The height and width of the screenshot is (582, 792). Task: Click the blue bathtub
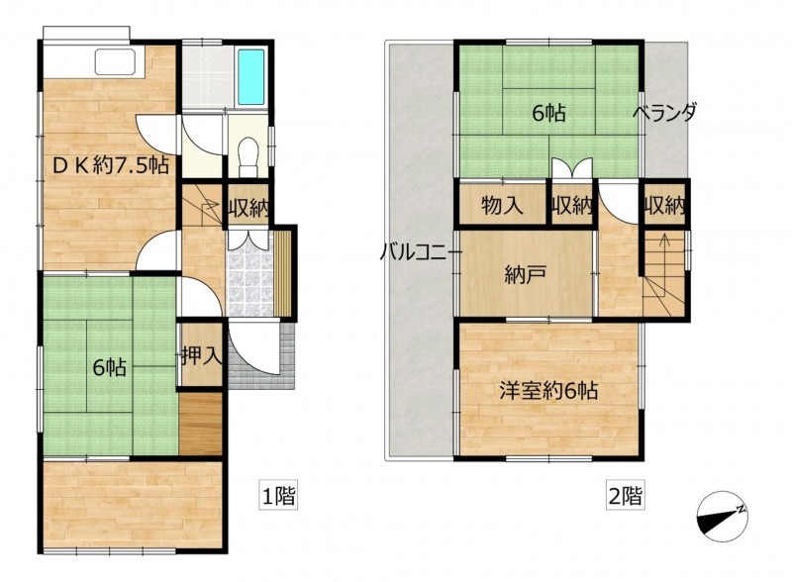[x=251, y=76]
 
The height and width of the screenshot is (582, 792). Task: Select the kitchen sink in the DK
[x=115, y=62]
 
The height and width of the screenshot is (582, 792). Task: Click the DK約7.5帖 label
[x=111, y=165]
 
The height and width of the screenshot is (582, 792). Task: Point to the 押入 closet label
[x=202, y=355]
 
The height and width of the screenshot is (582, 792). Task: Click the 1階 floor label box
[x=278, y=496]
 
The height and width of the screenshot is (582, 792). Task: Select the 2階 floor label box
[x=626, y=496]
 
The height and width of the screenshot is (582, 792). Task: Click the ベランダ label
[x=664, y=112]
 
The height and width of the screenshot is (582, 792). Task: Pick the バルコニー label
[x=420, y=251]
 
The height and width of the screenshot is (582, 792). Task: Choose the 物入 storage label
[x=502, y=206]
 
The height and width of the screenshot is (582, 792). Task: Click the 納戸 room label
[x=526, y=275]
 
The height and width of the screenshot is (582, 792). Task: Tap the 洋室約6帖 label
[x=549, y=391]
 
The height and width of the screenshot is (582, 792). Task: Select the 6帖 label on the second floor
[x=549, y=113]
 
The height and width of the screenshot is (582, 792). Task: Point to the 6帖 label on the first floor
[x=110, y=368]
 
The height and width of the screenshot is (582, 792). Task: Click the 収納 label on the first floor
[x=248, y=207]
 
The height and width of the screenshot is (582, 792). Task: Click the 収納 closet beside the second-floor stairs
[x=664, y=206]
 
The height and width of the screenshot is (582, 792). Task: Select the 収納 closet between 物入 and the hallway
[x=571, y=206]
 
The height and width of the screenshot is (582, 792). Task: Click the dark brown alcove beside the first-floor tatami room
[x=201, y=424]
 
